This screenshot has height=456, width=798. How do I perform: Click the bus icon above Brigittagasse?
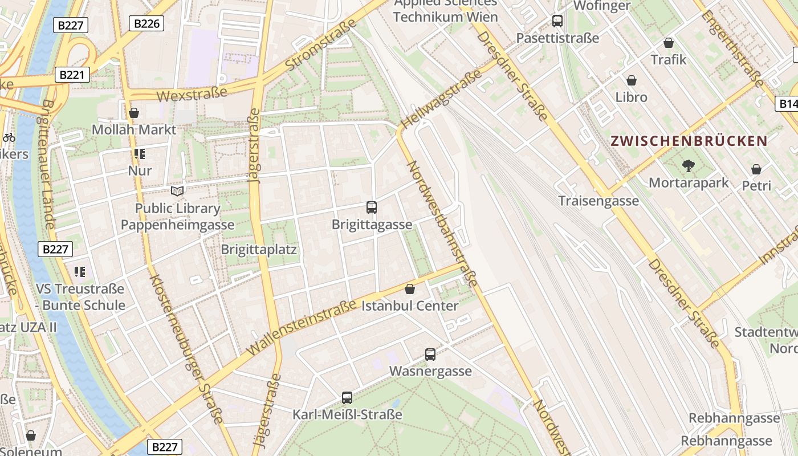372,207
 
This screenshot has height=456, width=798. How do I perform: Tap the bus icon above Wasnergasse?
430,355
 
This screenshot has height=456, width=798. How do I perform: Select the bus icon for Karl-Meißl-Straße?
347,398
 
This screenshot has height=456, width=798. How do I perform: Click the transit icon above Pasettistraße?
557,21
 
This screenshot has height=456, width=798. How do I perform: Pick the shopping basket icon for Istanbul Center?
410,289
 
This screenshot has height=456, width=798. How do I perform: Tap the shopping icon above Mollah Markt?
134,113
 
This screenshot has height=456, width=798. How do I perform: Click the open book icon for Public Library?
178,191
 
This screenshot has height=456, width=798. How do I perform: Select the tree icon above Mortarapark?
689,166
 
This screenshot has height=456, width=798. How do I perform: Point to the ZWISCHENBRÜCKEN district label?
689,141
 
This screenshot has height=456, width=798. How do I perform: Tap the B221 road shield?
72,75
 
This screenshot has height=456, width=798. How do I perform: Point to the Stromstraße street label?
320,45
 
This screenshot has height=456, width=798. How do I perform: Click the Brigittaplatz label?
259,250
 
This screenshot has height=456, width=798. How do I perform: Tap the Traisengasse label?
598,201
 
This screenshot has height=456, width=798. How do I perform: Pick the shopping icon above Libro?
632,80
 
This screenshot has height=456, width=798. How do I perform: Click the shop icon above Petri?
756,169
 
